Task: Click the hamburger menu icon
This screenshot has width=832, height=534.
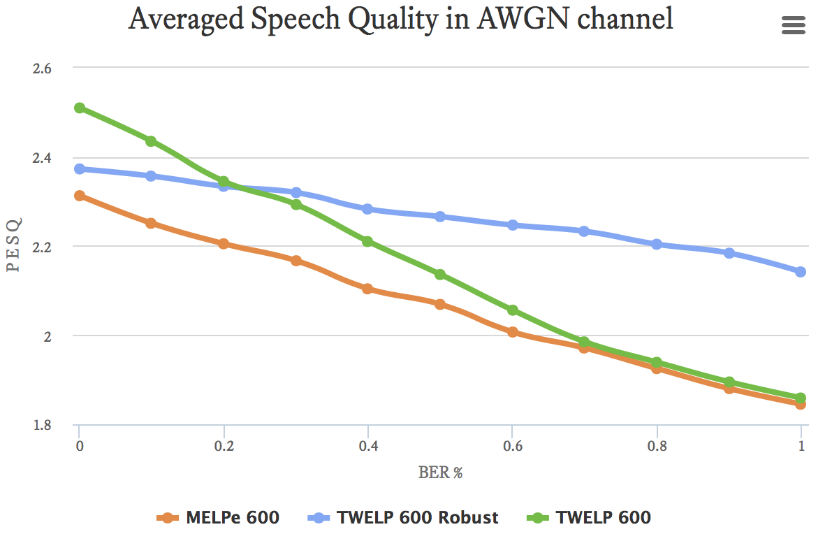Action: pyautogui.click(x=793, y=26)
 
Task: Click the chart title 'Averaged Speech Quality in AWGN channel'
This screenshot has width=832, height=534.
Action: pyautogui.click(x=400, y=20)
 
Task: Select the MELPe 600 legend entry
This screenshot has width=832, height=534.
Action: pyautogui.click(x=219, y=517)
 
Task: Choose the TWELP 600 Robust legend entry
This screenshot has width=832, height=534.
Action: pyautogui.click(x=403, y=517)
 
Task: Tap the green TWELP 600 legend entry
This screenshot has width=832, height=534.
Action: pyautogui.click(x=589, y=517)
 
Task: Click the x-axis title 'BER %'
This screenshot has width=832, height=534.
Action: pyautogui.click(x=441, y=472)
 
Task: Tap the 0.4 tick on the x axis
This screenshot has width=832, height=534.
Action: pyautogui.click(x=367, y=445)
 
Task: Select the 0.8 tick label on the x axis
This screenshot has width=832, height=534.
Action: pyautogui.click(x=656, y=445)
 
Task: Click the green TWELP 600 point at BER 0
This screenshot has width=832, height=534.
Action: pyautogui.click(x=80, y=108)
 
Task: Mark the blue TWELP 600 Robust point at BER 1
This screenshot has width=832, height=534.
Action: pyautogui.click(x=801, y=271)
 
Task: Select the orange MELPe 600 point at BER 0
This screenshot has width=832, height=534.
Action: pyautogui.click(x=80, y=196)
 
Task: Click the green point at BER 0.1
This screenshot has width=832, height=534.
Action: pyautogui.click(x=151, y=141)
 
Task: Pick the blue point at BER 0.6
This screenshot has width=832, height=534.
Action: pyautogui.click(x=512, y=225)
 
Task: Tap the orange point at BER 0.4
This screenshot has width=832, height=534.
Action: pyautogui.click(x=367, y=289)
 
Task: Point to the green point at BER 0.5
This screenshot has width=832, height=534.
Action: pyautogui.click(x=440, y=274)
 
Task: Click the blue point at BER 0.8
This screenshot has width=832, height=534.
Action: pyautogui.click(x=657, y=244)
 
